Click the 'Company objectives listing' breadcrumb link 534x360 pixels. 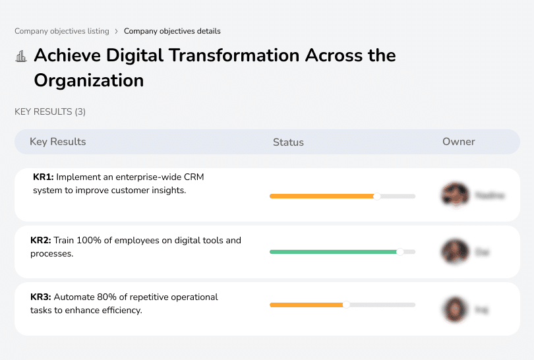pyautogui.click(x=61, y=31)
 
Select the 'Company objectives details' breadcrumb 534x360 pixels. pyautogui.click(x=172, y=31)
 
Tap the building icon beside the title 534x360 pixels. pyautogui.click(x=20, y=56)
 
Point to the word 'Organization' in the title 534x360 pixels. pyautogui.click(x=89, y=80)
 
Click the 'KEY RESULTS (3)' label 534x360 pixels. pyautogui.click(x=50, y=112)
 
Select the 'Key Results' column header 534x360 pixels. pyautogui.click(x=57, y=142)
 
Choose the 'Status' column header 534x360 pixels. pyautogui.click(x=288, y=142)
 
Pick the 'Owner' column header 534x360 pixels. pyautogui.click(x=459, y=142)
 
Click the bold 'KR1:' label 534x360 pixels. pyautogui.click(x=44, y=177)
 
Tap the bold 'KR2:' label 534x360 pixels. pyautogui.click(x=41, y=240)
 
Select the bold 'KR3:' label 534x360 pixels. pyautogui.click(x=41, y=297)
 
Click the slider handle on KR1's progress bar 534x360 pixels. pyautogui.click(x=377, y=196)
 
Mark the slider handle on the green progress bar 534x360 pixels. pyautogui.click(x=400, y=252)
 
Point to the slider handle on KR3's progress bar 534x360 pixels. pyautogui.click(x=346, y=305)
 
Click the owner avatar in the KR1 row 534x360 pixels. pyautogui.click(x=454, y=195)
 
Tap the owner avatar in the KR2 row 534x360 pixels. pyautogui.click(x=454, y=251)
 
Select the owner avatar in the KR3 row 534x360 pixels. pyautogui.click(x=454, y=309)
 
